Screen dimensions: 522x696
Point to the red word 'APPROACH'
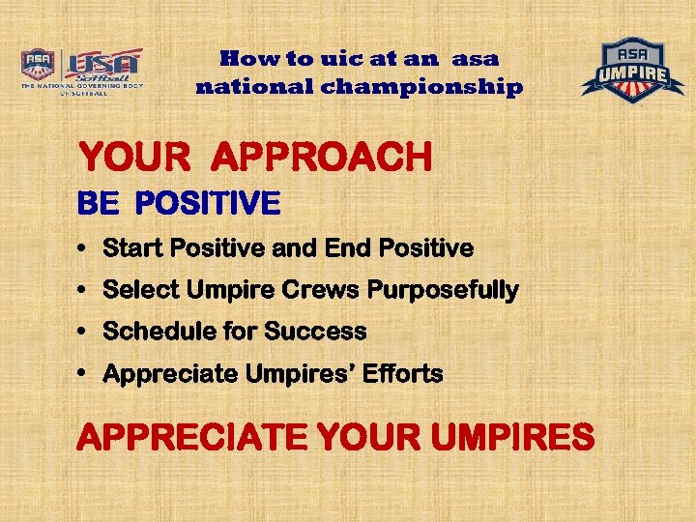pos(321,157)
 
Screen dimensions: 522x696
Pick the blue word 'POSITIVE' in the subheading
pos(208,204)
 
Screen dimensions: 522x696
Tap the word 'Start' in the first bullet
pos(132,248)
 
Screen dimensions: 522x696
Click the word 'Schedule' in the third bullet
pos(159,332)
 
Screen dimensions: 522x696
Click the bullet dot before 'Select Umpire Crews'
pos(83,290)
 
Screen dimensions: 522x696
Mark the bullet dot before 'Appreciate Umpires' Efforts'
pos(83,373)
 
